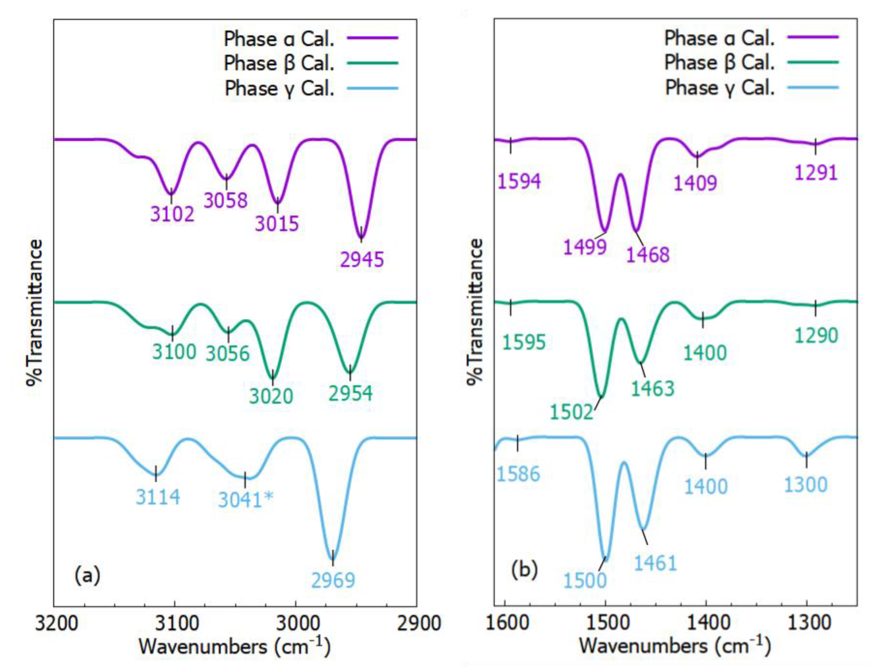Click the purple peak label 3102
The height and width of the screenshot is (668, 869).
coord(172,214)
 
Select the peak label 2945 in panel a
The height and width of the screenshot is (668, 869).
coord(362,260)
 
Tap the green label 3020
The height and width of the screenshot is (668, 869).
coord(271,396)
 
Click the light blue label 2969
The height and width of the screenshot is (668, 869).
coord(333,581)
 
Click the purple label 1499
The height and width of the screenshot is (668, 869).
coord(585,247)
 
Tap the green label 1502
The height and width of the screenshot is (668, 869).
coord(571,412)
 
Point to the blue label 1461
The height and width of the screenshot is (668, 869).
coord(655,563)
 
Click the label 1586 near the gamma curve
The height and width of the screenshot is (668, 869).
coord(518,474)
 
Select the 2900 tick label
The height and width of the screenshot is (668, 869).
coord(417,623)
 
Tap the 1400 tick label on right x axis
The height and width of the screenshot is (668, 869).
coord(706,623)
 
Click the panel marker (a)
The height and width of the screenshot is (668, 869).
coord(87,576)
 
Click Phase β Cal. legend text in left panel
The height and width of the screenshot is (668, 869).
coord(279,63)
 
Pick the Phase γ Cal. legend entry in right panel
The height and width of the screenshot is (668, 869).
coord(720,87)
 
